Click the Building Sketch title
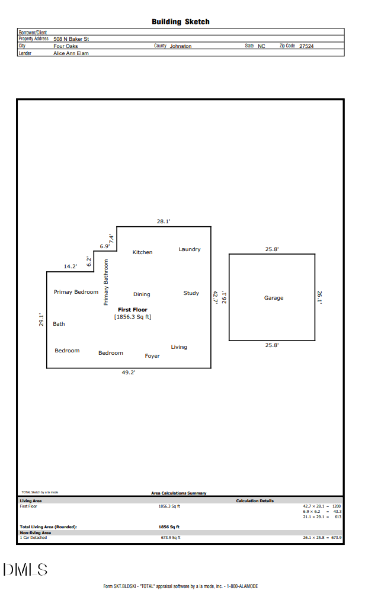pyautogui.click(x=180, y=22)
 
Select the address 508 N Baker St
pyautogui.click(x=71, y=39)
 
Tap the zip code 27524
pyautogui.click(x=306, y=46)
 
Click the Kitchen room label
pyautogui.click(x=142, y=252)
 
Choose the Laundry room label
pyautogui.click(x=190, y=249)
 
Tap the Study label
pyautogui.click(x=191, y=293)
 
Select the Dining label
pyautogui.click(x=142, y=294)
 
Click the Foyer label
pyautogui.click(x=152, y=356)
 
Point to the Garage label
pyautogui.click(x=274, y=298)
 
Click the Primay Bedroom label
pyautogui.click(x=76, y=292)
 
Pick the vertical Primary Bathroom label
pyautogui.click(x=107, y=283)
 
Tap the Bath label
pyautogui.click(x=59, y=324)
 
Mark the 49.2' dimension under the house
pyautogui.click(x=129, y=373)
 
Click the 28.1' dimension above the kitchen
pyautogui.click(x=164, y=221)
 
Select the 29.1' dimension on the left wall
pyautogui.click(x=41, y=320)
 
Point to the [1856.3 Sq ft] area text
pyautogui.click(x=133, y=317)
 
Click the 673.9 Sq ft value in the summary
pyautogui.click(x=171, y=538)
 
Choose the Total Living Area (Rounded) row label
pyautogui.click(x=49, y=527)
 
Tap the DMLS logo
pyautogui.click(x=25, y=570)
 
